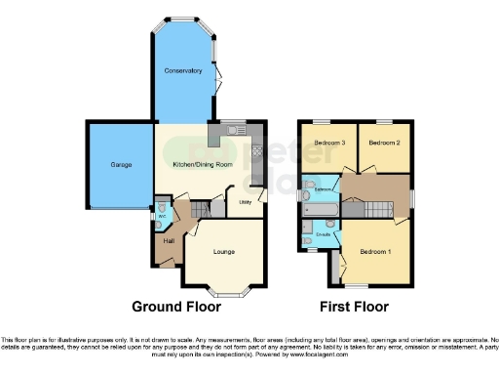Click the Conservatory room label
(182, 71)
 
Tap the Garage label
(107, 166)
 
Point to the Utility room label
(246, 202)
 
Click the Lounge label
(224, 252)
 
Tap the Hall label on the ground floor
(169, 241)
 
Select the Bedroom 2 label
(383, 143)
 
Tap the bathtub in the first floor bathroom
(323, 208)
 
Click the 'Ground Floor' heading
(183, 307)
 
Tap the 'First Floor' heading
(355, 307)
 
